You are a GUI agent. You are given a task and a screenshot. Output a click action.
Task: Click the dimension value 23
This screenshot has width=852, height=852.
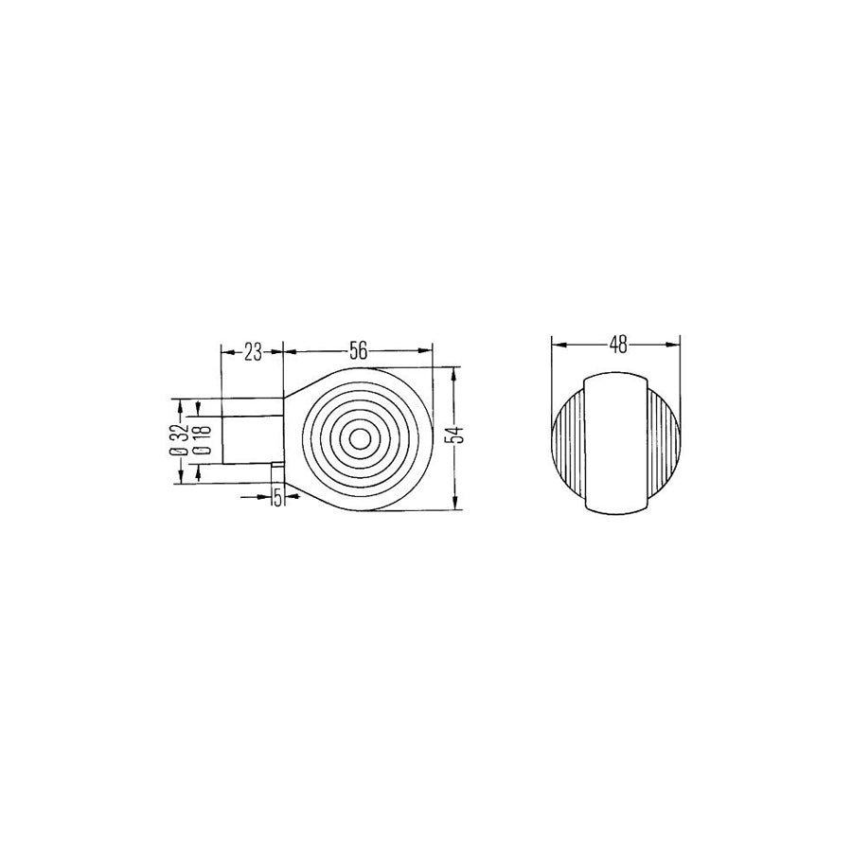pos(253,352)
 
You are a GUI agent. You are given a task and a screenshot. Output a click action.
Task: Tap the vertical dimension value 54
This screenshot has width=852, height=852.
pos(456,435)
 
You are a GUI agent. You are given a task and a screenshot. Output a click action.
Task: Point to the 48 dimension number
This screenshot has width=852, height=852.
pos(618,345)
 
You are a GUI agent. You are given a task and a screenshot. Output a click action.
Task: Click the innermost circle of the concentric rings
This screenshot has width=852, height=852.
pos(360,439)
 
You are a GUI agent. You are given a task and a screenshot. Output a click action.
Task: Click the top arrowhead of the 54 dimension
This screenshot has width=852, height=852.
pos(456,372)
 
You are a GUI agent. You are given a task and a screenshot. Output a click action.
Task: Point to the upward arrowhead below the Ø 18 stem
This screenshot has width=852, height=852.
pos(197,472)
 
